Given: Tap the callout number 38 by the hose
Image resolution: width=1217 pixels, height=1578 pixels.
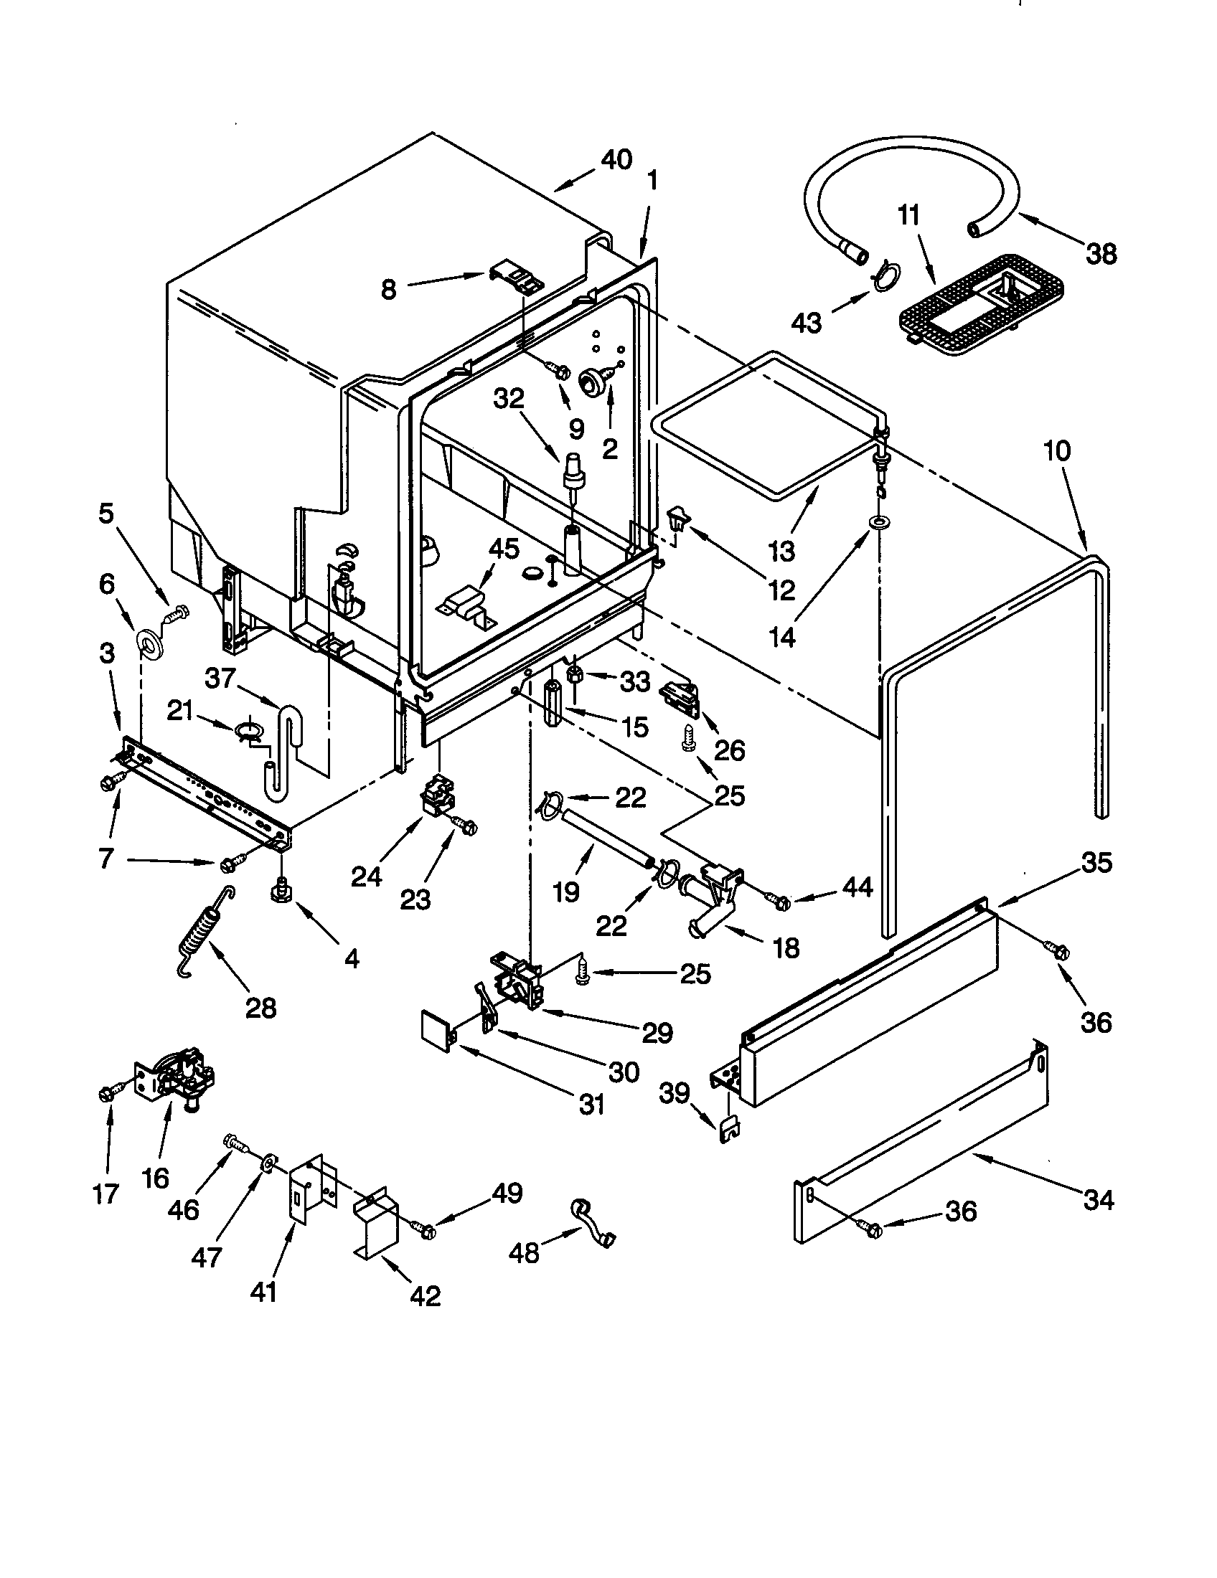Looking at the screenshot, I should click(x=1101, y=255).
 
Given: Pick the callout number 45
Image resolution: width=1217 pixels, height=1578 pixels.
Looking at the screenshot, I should click(x=504, y=550).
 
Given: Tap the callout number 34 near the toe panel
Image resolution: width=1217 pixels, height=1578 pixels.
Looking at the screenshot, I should click(x=1098, y=1200).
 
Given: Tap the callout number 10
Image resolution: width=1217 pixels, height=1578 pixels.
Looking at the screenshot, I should click(x=1056, y=451).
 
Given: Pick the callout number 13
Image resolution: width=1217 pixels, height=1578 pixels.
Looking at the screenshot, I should click(x=782, y=551).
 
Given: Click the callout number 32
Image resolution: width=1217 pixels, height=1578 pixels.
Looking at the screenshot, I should click(x=508, y=398).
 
